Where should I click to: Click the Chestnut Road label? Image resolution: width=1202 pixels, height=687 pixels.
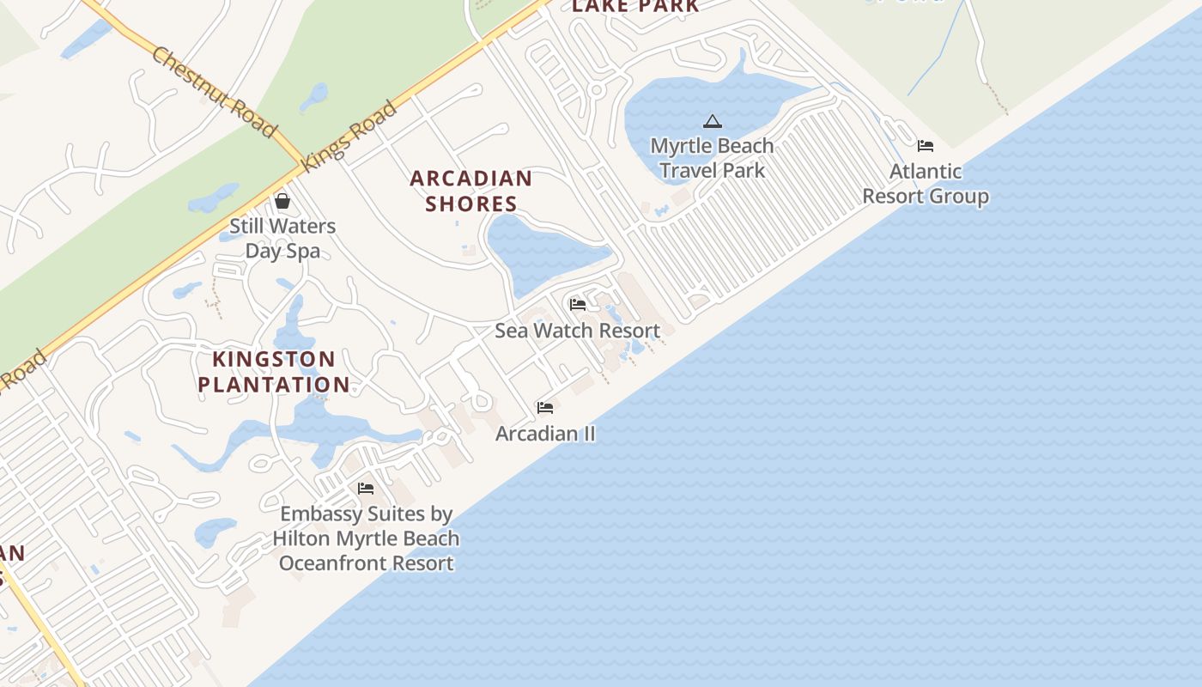point(215,92)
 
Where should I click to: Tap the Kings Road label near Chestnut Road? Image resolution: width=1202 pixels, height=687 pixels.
point(349,135)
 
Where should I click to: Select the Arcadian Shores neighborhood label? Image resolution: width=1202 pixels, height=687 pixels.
point(470,191)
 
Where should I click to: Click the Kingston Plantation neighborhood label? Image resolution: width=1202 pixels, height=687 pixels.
point(274,372)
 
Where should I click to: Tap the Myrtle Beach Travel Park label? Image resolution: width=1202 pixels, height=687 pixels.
point(712,158)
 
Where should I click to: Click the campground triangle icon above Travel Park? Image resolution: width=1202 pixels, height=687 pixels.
point(712,122)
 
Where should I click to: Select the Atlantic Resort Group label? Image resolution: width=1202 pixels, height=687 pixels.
point(925,184)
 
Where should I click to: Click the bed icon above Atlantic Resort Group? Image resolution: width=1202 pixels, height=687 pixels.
point(925,146)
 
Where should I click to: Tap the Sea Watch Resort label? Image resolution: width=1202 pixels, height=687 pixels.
point(577,331)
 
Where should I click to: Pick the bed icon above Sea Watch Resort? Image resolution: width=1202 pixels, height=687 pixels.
point(577,305)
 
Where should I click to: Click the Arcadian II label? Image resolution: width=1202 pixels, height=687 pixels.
point(545,434)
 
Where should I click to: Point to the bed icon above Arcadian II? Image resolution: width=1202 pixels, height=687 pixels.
point(545,408)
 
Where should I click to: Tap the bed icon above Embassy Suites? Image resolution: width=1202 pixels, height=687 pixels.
point(366,489)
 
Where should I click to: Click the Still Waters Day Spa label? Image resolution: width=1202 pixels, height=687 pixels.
point(282,239)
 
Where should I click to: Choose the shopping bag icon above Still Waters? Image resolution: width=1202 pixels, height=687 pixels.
point(282,201)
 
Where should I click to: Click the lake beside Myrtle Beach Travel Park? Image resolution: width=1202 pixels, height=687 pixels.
point(678,103)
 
